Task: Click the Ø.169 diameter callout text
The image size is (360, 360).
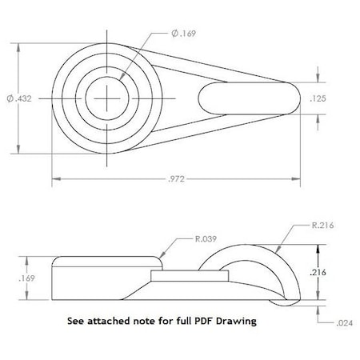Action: [183, 34]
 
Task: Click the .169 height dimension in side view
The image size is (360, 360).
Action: [27, 278]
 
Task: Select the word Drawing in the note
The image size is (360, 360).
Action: [237, 322]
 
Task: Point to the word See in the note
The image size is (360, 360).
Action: [76, 322]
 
